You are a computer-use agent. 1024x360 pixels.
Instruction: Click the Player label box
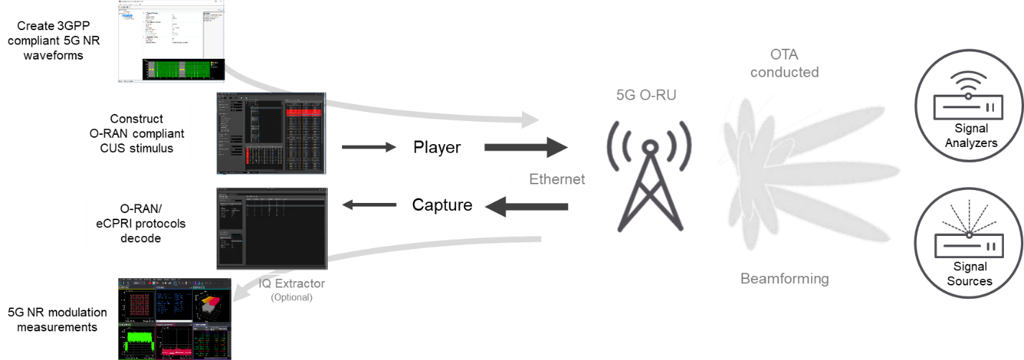(x=436, y=148)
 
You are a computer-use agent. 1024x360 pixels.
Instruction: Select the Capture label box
(x=442, y=205)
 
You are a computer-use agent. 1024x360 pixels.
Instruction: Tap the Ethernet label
(x=556, y=179)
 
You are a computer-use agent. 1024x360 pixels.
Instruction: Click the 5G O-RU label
(x=647, y=94)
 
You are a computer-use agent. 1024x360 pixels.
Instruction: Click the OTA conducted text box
(x=784, y=64)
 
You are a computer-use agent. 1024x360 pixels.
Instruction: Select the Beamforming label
(x=784, y=278)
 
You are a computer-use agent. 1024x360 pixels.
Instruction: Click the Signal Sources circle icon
(x=970, y=242)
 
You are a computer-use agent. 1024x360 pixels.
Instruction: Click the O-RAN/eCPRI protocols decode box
(x=141, y=222)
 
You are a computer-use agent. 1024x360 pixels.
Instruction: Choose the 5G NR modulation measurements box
(x=57, y=320)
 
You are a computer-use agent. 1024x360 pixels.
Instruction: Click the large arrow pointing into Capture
(x=527, y=207)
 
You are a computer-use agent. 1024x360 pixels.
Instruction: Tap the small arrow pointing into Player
(x=369, y=148)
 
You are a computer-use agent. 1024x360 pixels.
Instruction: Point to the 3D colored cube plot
(x=212, y=304)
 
